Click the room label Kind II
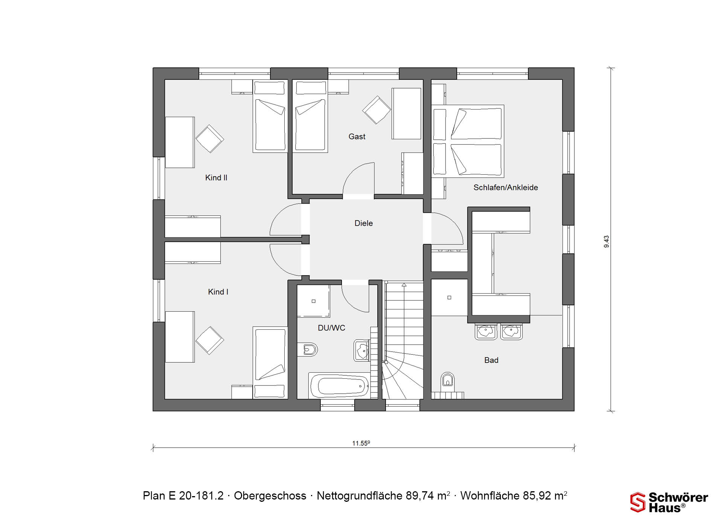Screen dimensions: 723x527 (216, 178)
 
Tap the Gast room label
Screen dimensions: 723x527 (357, 137)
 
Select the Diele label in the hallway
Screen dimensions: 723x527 (364, 223)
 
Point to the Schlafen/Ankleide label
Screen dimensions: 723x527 (506, 187)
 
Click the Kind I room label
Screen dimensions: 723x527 (218, 292)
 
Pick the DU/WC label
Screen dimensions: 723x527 (331, 328)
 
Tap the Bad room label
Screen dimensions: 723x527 (491, 360)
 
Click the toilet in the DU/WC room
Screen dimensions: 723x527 (307, 350)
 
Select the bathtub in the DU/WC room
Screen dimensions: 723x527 (339, 385)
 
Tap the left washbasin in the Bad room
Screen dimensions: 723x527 (486, 332)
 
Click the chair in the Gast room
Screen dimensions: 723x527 (377, 110)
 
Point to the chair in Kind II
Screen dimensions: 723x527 (210, 139)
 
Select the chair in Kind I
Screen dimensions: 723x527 (210, 340)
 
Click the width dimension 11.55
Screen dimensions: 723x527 (361, 443)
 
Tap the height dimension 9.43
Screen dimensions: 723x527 (606, 242)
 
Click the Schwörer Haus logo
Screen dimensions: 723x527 (669, 502)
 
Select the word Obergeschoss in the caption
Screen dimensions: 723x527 (270, 496)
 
